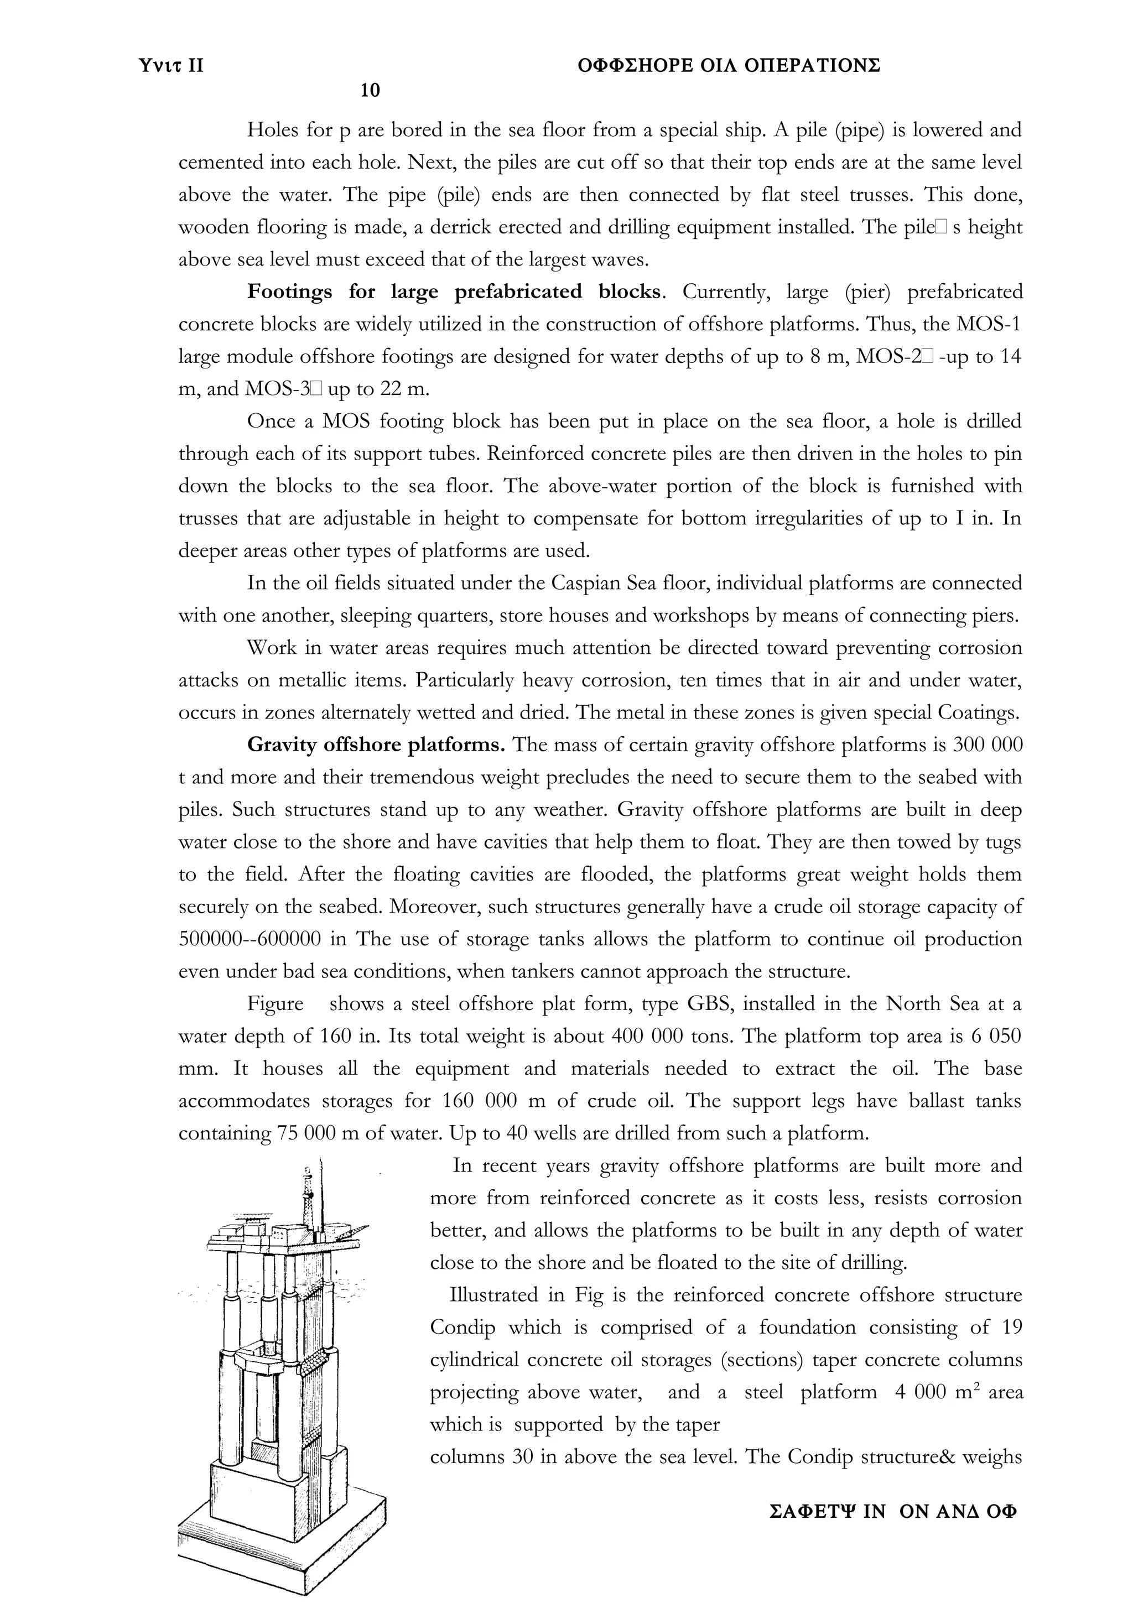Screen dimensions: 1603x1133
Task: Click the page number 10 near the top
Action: pyautogui.click(x=370, y=90)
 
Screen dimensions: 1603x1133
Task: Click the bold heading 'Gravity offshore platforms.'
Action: pyautogui.click(x=376, y=745)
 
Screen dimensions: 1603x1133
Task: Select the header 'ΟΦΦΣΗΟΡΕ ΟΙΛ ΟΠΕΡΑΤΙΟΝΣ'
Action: pyautogui.click(x=730, y=66)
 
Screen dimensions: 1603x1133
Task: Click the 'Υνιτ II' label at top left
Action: pyautogui.click(x=171, y=66)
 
